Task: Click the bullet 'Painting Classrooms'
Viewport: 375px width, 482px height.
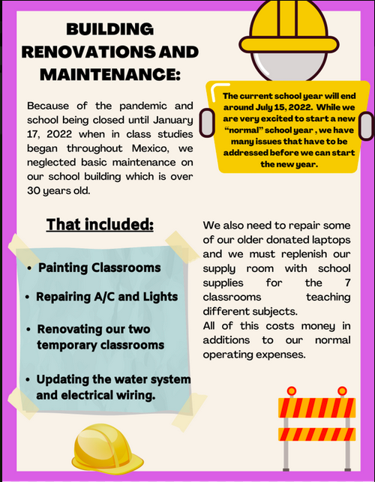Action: [99, 268]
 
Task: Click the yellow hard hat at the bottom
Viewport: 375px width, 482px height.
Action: [102, 452]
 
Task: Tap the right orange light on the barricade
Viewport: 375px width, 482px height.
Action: [342, 391]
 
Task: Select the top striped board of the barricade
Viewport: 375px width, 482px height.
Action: [316, 408]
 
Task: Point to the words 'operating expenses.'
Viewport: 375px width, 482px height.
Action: [254, 354]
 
